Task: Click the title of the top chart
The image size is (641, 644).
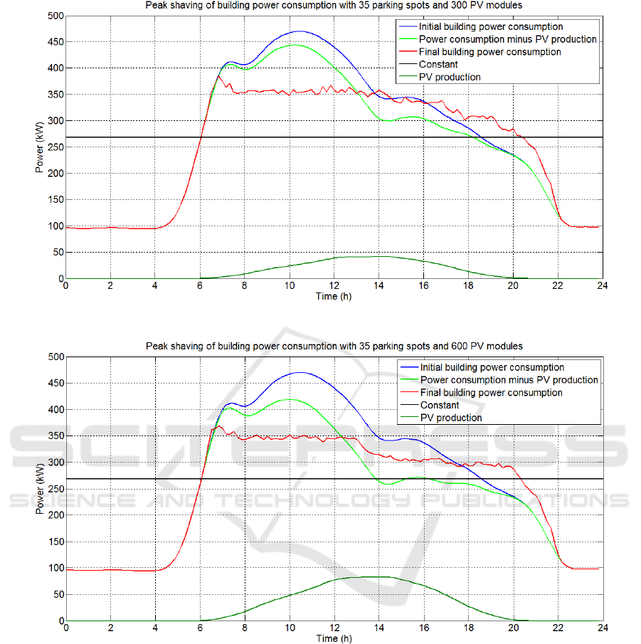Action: coord(334,6)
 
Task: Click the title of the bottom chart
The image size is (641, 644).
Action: coord(334,346)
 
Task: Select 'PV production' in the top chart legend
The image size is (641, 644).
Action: coord(450,78)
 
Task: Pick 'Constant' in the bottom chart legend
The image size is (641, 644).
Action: coord(440,406)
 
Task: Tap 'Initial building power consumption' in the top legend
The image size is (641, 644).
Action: coord(491,26)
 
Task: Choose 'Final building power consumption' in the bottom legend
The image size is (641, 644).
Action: coord(491,393)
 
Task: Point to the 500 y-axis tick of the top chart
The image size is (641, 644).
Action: coord(55,16)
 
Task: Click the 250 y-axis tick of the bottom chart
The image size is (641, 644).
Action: coord(55,489)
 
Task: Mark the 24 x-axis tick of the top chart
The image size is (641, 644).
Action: coord(602,287)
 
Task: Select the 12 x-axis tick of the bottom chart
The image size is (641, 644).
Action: coord(334,628)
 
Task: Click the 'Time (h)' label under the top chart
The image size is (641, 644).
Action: coord(334,296)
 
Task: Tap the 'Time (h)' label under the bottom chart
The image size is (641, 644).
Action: coord(334,638)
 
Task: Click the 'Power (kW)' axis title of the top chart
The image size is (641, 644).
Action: coord(40,147)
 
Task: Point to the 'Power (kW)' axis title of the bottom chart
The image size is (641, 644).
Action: coord(40,489)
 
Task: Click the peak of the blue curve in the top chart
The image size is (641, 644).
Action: coord(300,31)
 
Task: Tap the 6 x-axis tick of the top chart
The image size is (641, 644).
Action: coord(200,287)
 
